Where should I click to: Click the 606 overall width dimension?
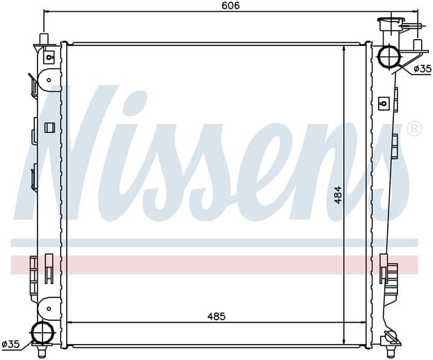230,6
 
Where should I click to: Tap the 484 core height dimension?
338,196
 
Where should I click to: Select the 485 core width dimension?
216,316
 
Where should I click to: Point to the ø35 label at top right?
423,68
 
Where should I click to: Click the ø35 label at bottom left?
11,344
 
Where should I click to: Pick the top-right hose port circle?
389,56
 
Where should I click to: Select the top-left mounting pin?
44,38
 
